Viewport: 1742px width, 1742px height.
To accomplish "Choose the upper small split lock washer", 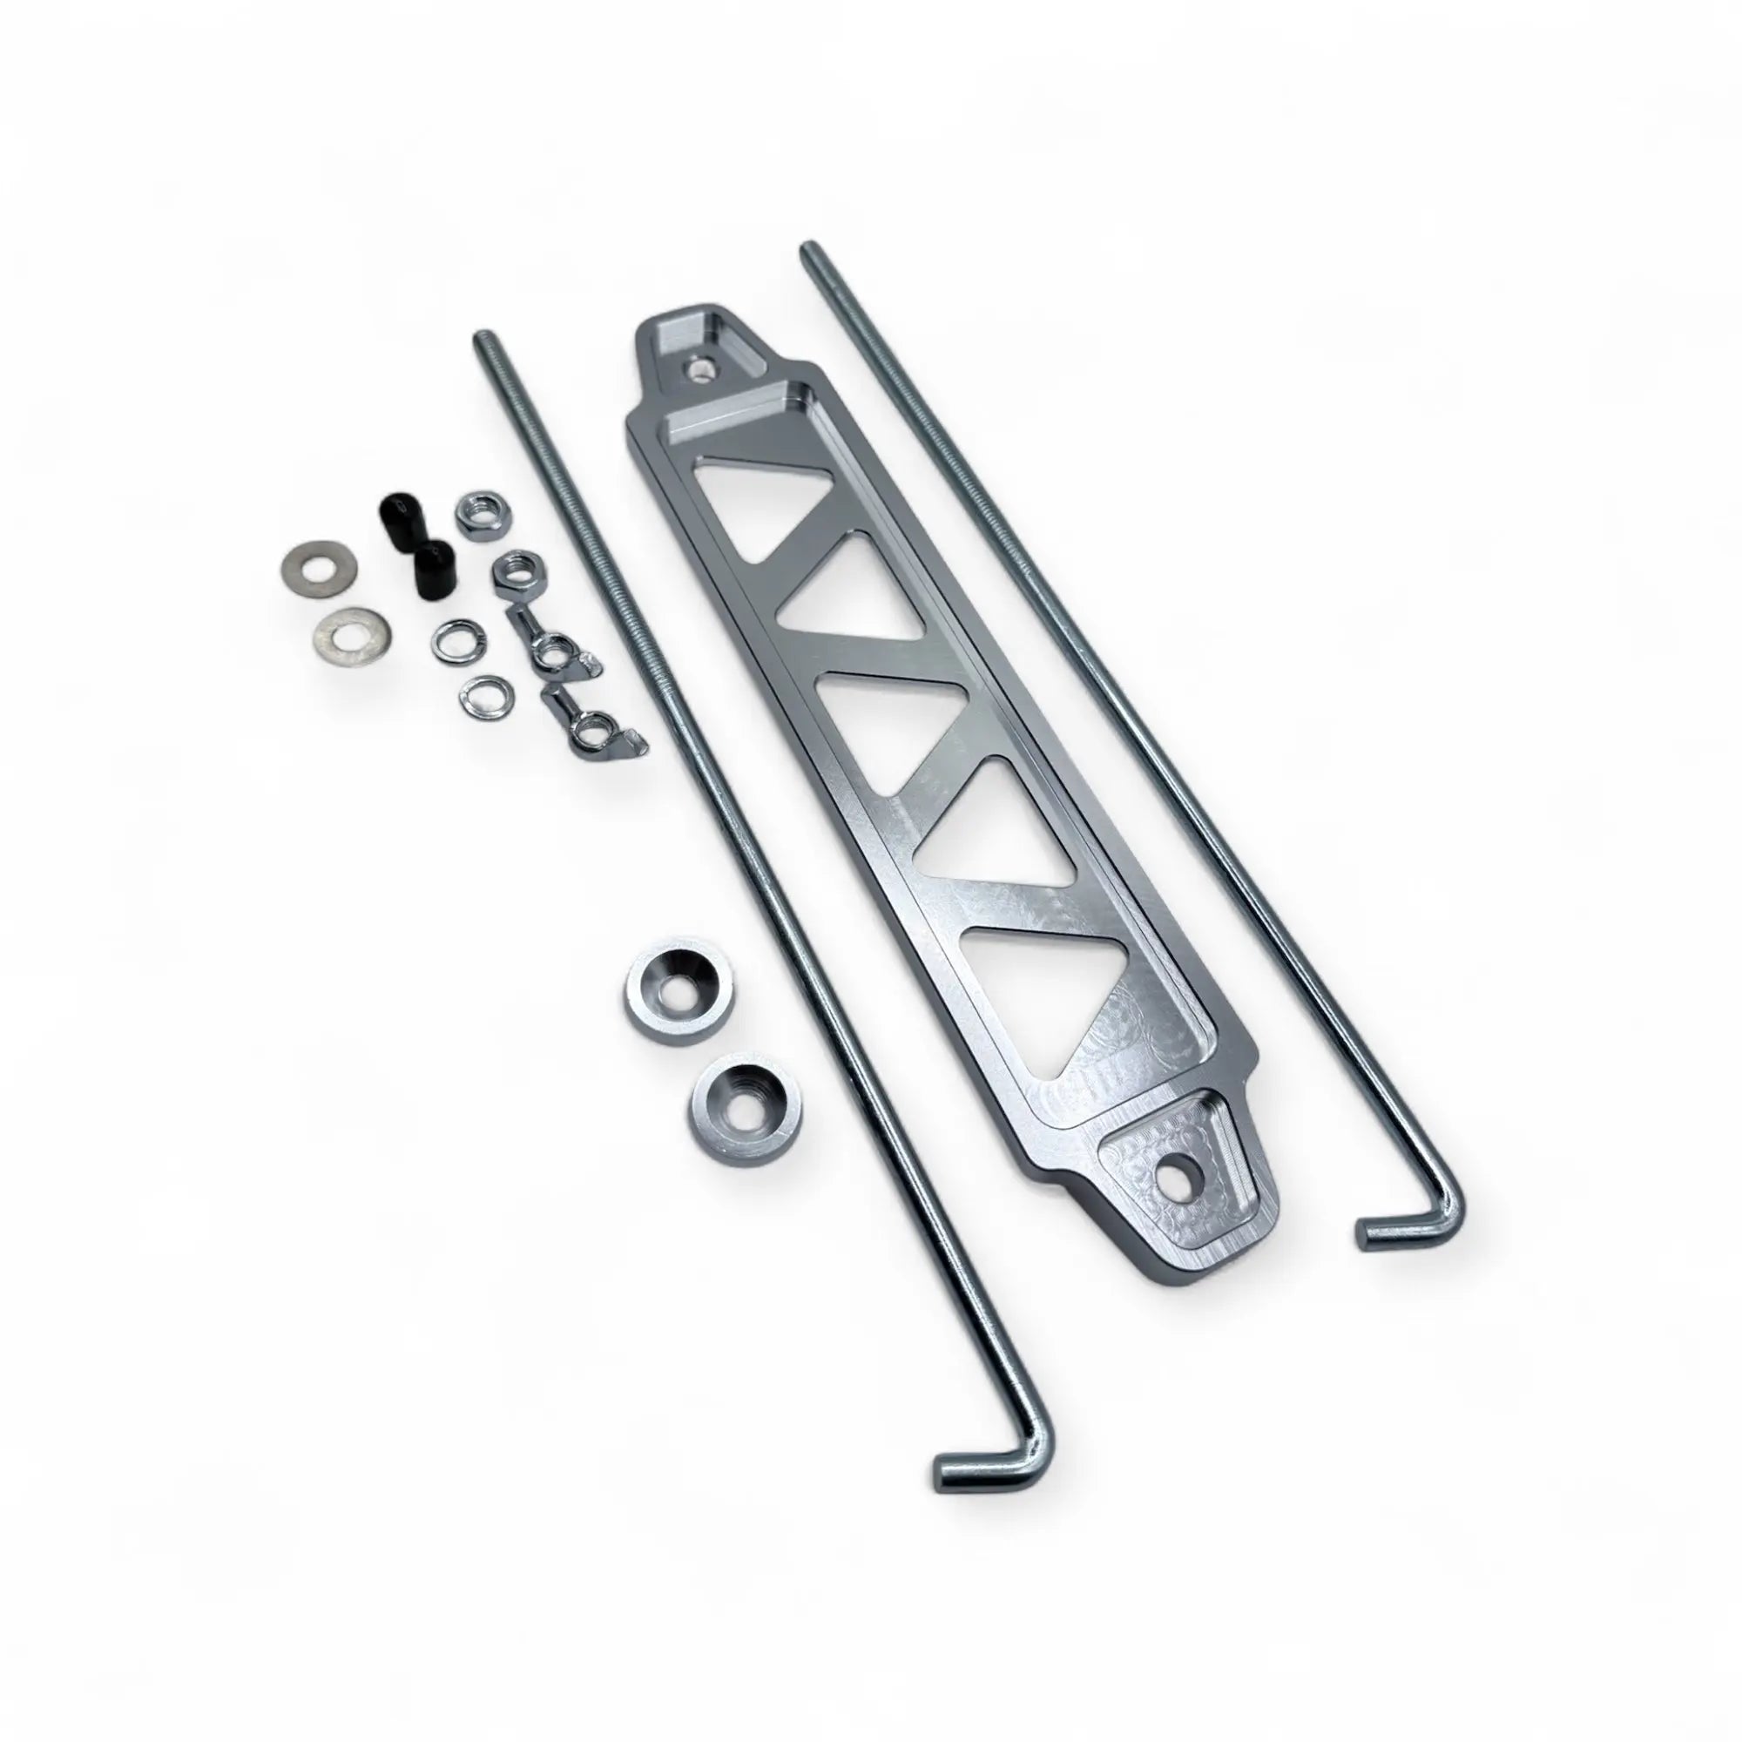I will click(457, 642).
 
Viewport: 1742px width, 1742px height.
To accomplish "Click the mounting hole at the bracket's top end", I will click(700, 368).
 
